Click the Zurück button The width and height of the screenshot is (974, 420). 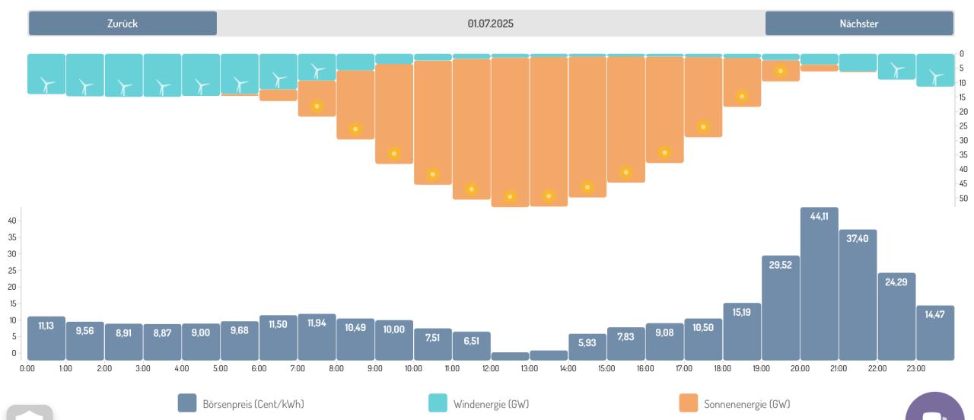[123, 24]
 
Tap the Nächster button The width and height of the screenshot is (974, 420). [859, 24]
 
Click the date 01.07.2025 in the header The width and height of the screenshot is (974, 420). [491, 24]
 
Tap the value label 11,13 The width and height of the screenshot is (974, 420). [46, 326]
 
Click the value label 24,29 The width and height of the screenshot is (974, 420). [896, 282]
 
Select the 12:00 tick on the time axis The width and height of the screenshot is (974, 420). [491, 369]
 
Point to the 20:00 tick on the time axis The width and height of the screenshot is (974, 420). [800, 369]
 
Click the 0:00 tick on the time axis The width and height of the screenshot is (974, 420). [27, 369]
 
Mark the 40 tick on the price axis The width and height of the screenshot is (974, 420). [13, 221]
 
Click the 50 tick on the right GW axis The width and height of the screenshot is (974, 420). [963, 199]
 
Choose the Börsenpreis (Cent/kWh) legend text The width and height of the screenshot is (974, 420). [253, 404]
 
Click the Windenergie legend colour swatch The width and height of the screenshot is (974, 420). [438, 403]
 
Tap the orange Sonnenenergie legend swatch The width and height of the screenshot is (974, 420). [689, 403]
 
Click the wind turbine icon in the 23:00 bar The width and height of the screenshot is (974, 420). [936, 76]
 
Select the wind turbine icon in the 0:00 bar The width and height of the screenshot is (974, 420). [46, 84]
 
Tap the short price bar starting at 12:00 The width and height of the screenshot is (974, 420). [511, 356]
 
